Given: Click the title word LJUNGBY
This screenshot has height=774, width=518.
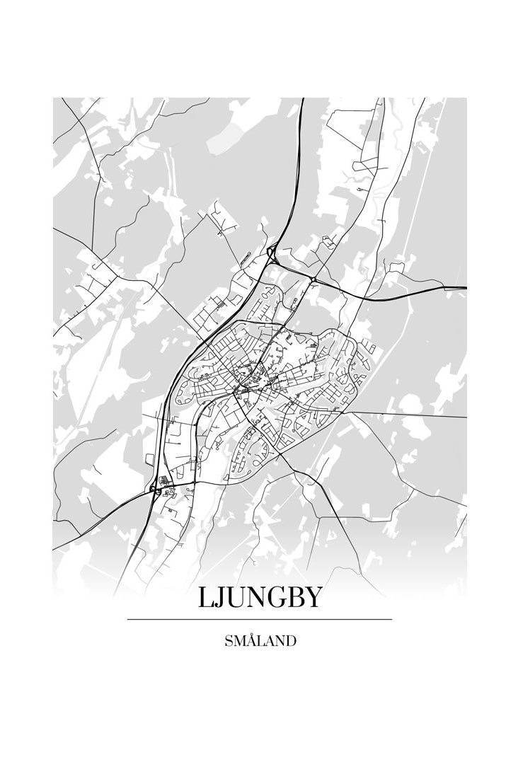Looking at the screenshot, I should point(259,598).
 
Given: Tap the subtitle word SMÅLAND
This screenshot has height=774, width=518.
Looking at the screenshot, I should point(260,642).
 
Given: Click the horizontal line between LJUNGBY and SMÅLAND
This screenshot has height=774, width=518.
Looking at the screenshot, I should point(259,620).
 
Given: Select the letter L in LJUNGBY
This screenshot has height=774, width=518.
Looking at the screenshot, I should point(205,598).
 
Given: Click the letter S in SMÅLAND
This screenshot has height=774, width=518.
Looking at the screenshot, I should point(228,642).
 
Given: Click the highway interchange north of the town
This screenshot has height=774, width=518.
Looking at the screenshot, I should point(272,253).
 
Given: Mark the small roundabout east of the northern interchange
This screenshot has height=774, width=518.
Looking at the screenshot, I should point(312,279).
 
